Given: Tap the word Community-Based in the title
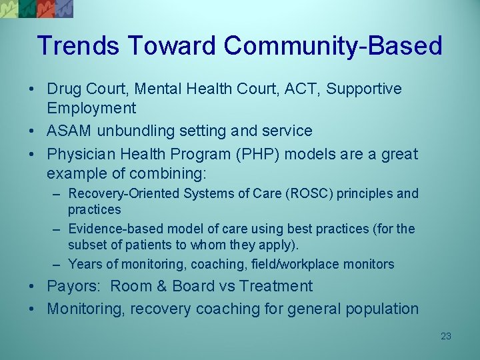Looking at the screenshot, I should click(333, 46).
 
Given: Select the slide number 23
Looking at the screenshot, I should click(446, 336).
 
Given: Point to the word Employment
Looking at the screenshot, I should click(91, 108).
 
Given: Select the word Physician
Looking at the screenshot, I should click(80, 154).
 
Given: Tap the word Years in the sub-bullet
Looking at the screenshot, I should click(85, 264).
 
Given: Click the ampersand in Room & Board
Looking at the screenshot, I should click(159, 286).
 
